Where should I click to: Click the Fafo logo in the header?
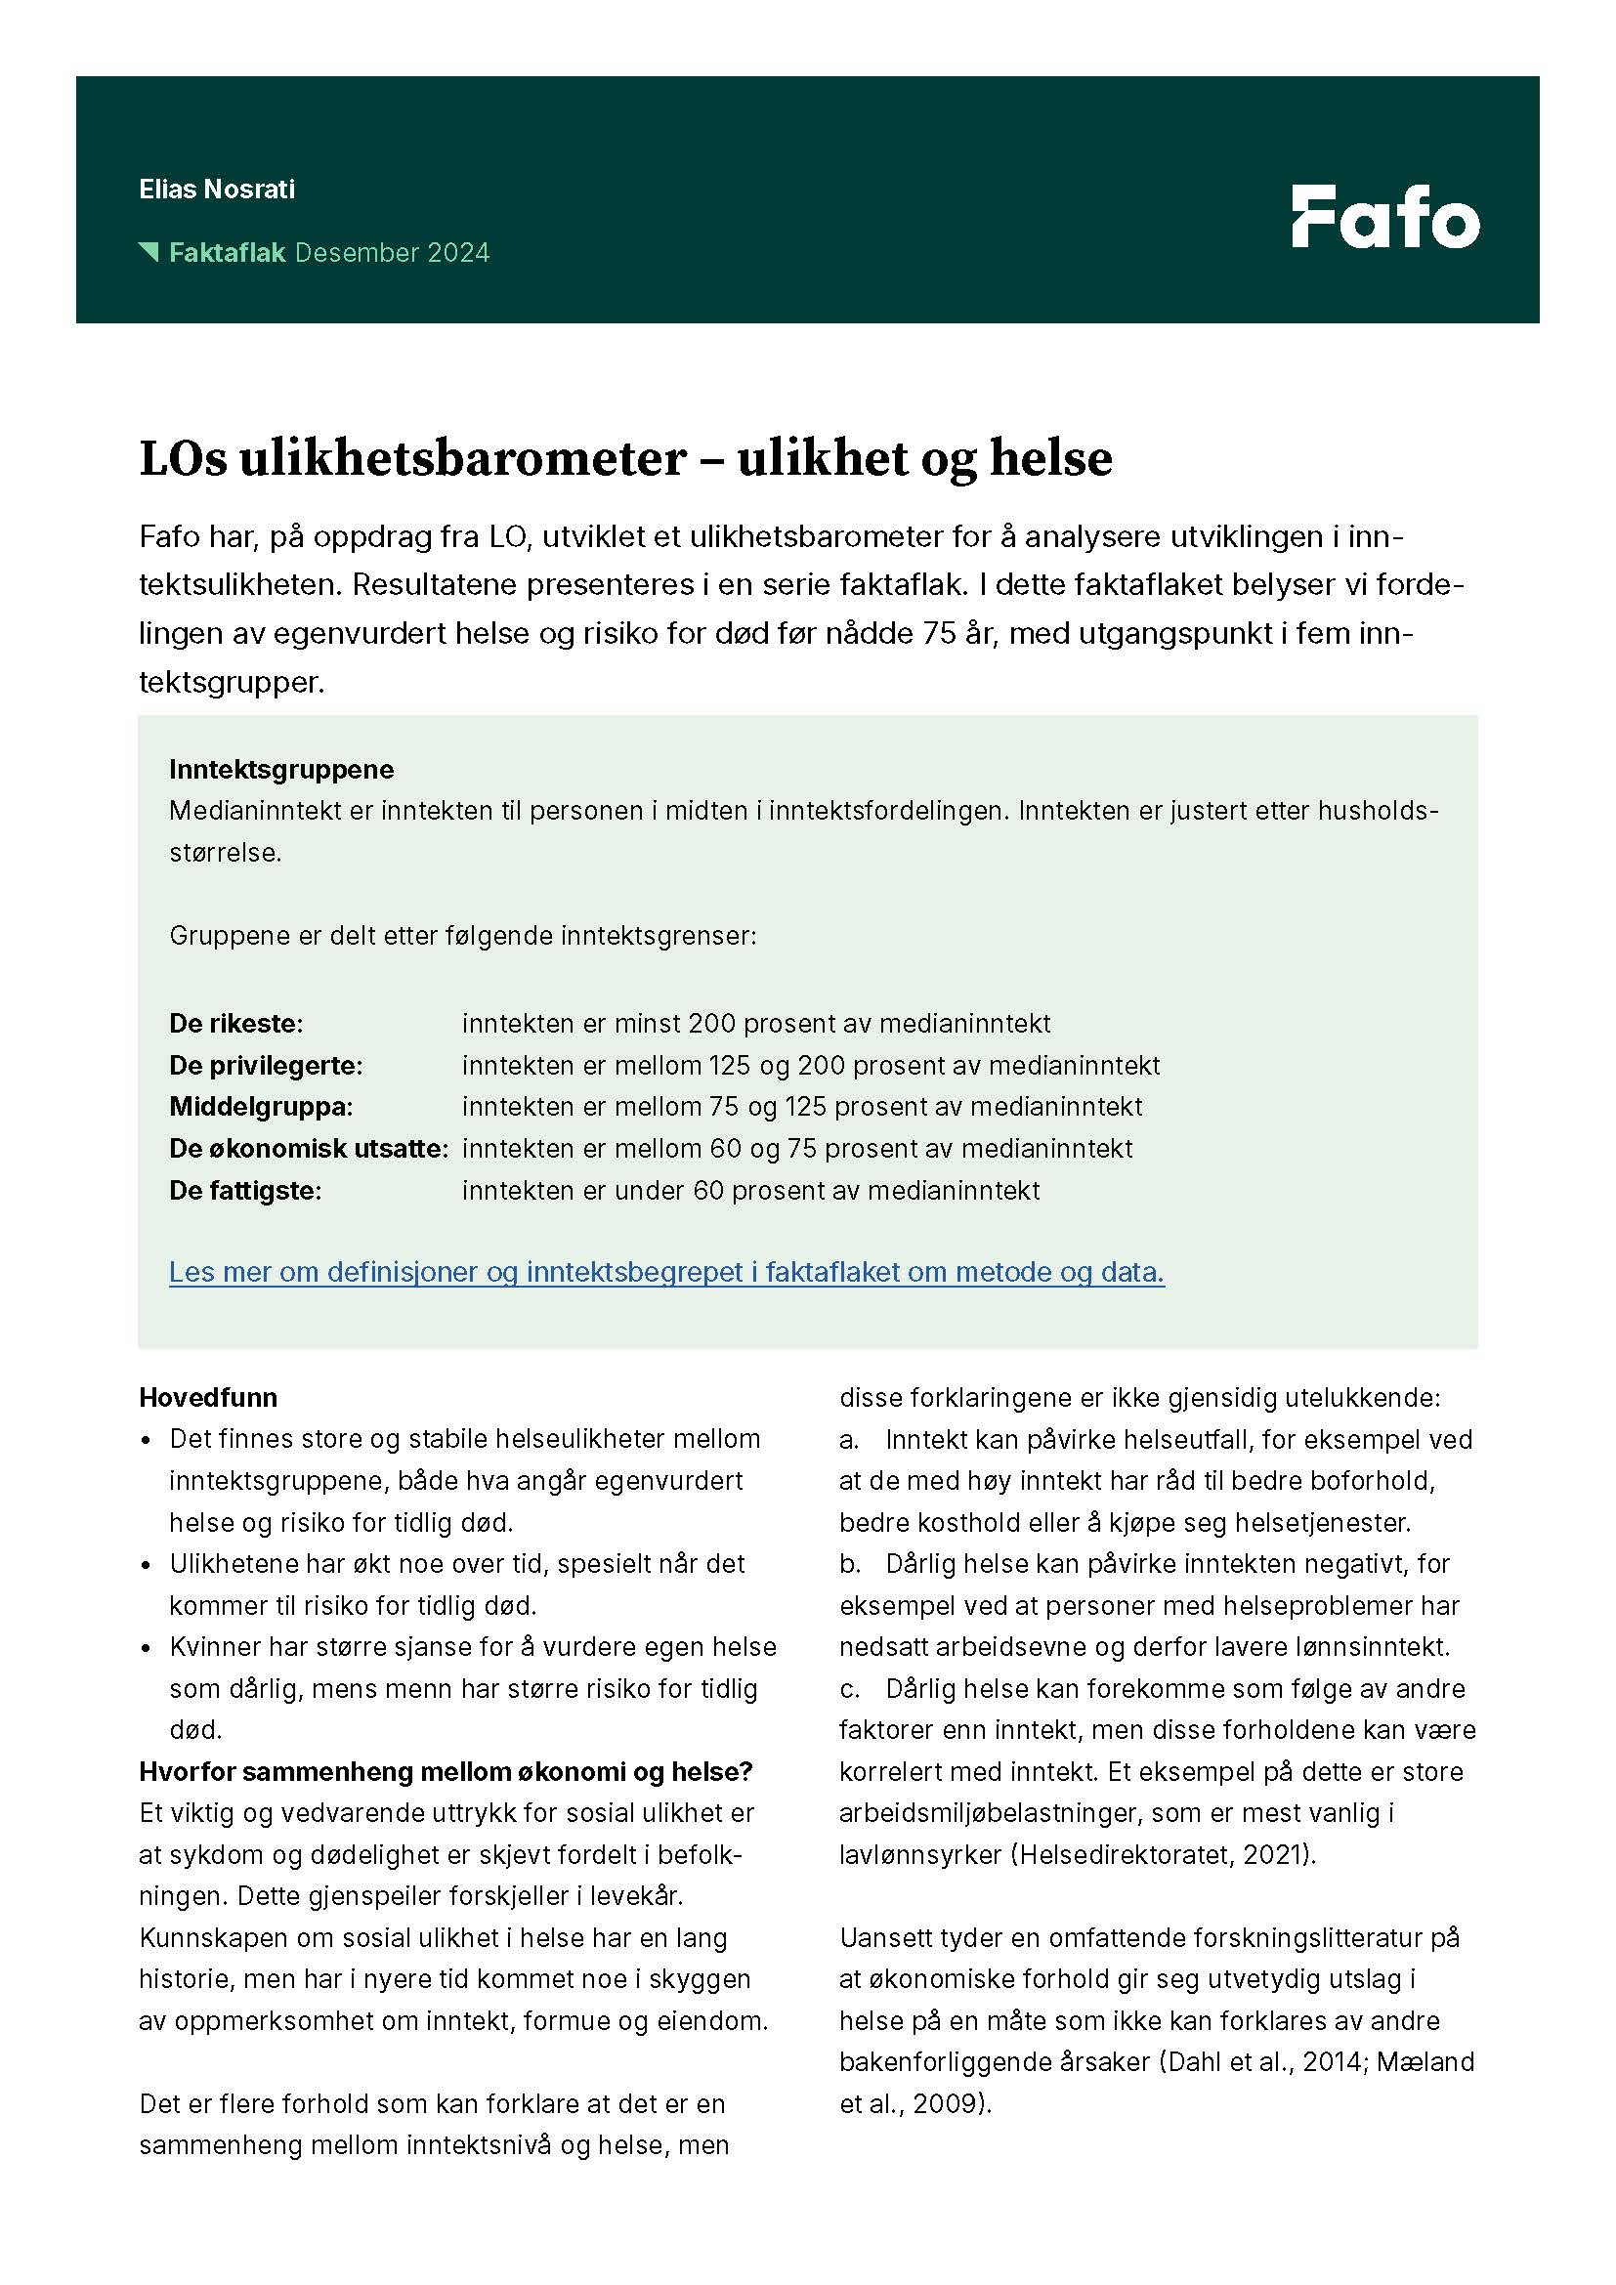pos(1385,216)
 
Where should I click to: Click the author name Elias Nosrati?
pos(217,190)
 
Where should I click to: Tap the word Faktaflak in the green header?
pos(227,253)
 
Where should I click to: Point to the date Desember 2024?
pos(392,253)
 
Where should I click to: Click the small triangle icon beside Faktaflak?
pos(149,251)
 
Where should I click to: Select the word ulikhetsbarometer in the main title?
pos(462,459)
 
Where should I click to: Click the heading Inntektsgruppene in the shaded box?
pos(281,769)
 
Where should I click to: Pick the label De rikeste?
pos(235,1023)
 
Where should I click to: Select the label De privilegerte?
pos(266,1065)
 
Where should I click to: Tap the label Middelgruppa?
pos(261,1107)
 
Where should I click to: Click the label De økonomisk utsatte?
pos(309,1149)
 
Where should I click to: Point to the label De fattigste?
pos(245,1190)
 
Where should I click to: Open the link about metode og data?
pos(665,1272)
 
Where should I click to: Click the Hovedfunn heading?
pos(208,1397)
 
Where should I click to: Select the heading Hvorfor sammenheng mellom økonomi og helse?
pos(446,1771)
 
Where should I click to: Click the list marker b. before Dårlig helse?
pos(849,1563)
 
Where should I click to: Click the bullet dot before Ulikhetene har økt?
pos(147,1565)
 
